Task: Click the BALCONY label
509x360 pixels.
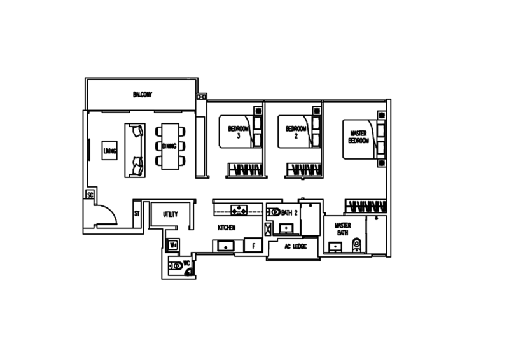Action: click(143, 95)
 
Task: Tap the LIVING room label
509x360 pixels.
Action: click(109, 151)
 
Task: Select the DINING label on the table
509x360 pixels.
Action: click(169, 146)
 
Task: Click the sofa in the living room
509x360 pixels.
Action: click(136, 150)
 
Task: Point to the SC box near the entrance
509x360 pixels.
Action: click(90, 195)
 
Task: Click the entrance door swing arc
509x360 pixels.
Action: click(106, 214)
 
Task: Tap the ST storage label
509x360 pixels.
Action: click(136, 214)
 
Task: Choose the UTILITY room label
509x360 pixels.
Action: click(170, 215)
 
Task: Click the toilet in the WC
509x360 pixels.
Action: click(175, 267)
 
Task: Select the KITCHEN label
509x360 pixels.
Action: click(227, 227)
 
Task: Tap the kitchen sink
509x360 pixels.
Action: click(225, 246)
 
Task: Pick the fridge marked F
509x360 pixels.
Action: click(253, 245)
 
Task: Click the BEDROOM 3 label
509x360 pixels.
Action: click(235, 132)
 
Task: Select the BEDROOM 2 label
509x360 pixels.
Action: click(293, 132)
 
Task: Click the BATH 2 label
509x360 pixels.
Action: click(289, 212)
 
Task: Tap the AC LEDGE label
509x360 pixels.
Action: click(295, 246)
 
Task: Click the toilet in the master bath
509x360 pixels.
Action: click(356, 245)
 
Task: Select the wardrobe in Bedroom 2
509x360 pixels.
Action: click(303, 169)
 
